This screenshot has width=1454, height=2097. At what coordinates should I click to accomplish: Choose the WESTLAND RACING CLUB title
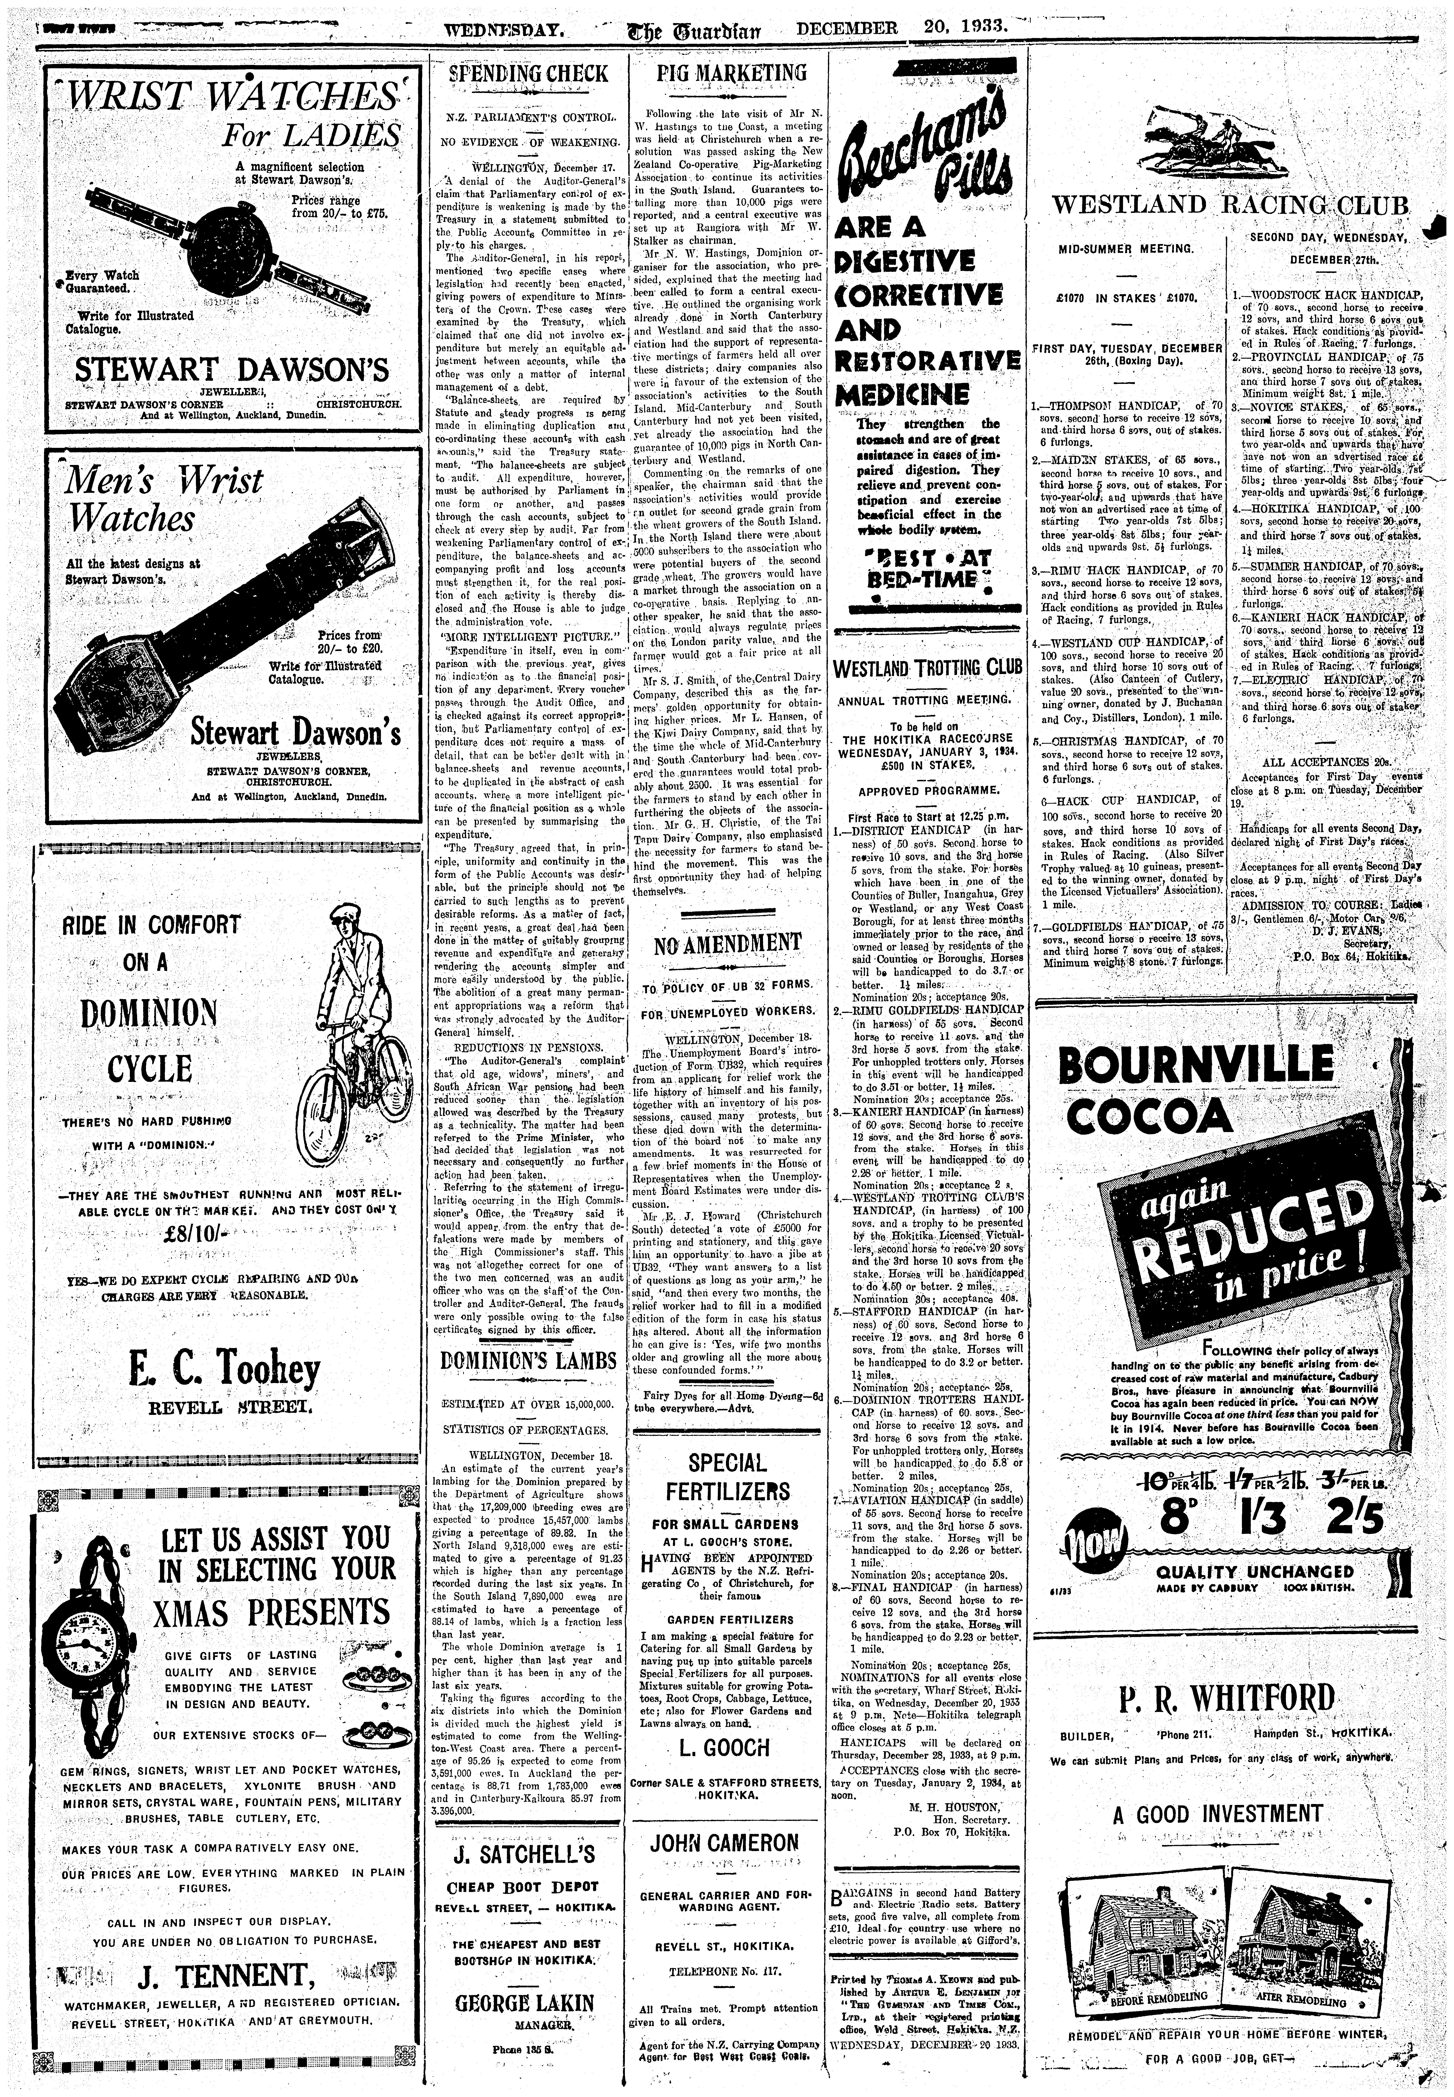coord(1230,204)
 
